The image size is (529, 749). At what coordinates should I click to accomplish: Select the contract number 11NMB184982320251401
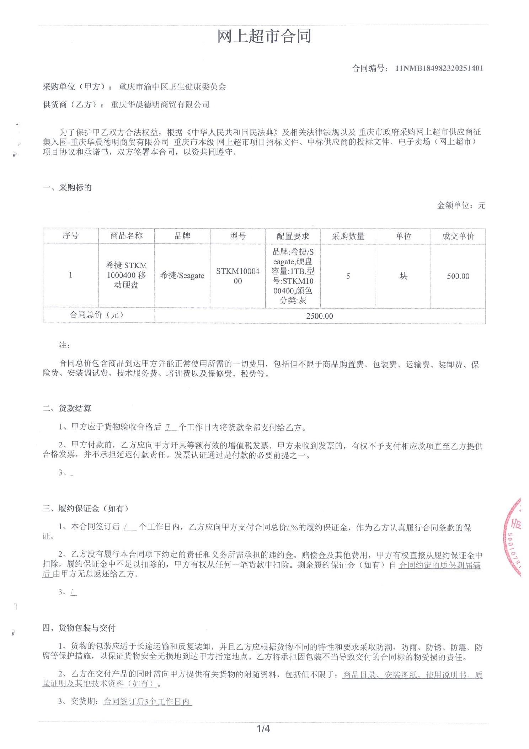(x=439, y=68)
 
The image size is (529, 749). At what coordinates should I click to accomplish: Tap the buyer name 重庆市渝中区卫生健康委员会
(x=172, y=87)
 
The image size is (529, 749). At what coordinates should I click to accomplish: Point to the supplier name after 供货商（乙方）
(x=160, y=105)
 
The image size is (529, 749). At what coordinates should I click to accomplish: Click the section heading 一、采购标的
(x=67, y=187)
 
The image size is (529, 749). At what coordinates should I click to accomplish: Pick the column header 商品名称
(x=126, y=236)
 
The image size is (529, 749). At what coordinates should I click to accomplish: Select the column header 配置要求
(x=293, y=236)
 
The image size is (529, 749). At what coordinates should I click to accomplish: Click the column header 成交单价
(x=458, y=236)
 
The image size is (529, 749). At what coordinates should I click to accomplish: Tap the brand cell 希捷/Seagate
(x=182, y=276)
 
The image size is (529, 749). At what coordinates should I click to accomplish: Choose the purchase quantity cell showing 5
(x=348, y=276)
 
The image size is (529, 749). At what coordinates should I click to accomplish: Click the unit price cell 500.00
(x=458, y=276)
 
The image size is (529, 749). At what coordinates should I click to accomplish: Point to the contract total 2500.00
(x=320, y=316)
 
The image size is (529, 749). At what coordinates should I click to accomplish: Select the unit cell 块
(x=403, y=276)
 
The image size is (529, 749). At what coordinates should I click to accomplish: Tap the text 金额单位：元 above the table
(x=461, y=205)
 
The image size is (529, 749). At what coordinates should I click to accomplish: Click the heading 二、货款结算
(x=67, y=408)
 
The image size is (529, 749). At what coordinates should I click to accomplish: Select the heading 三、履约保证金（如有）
(x=85, y=509)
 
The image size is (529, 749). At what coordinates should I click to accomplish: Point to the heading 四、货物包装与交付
(x=79, y=628)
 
